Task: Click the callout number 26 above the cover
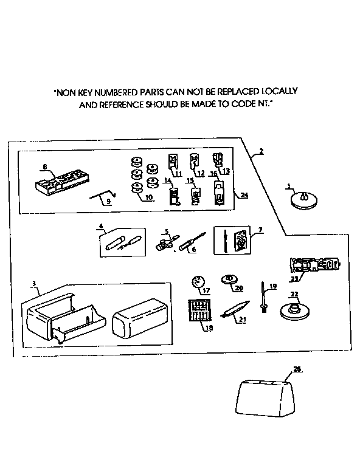(297, 369)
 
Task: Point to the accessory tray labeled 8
(61, 182)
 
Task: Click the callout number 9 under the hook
(109, 202)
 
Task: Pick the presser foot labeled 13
(217, 161)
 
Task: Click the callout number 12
(201, 173)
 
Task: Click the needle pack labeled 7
(233, 241)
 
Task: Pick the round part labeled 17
(197, 281)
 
